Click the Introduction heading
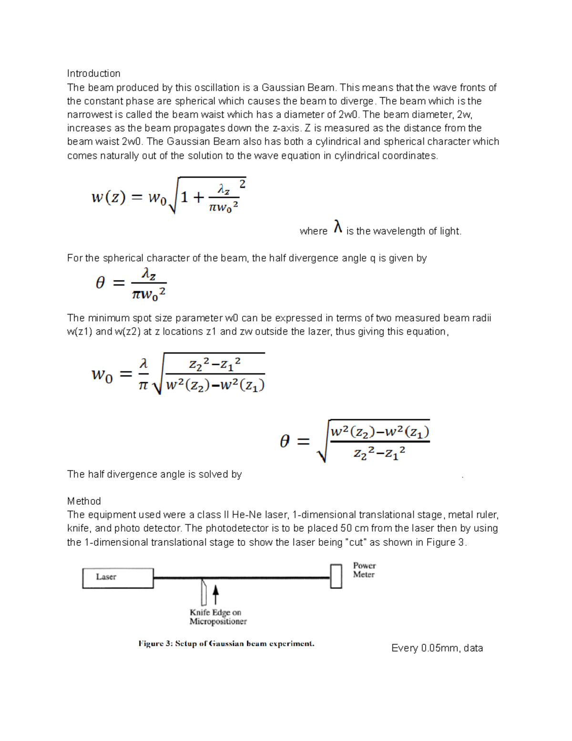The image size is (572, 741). tap(93, 73)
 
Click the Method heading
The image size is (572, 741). tap(84, 501)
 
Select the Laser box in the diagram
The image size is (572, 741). tap(118, 578)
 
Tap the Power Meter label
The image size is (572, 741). tap(364, 570)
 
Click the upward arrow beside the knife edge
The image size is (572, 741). tap(215, 595)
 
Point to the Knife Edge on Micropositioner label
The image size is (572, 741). tap(218, 616)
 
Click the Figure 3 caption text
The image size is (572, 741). tap(226, 643)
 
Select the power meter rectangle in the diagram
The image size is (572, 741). tap(336, 576)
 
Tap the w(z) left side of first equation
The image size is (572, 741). tap(108, 197)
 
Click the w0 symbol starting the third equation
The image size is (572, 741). tap(102, 375)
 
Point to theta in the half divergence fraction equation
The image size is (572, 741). tap(100, 283)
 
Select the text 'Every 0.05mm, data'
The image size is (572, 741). tap(437, 648)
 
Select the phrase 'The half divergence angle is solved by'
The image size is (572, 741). tap(154, 474)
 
